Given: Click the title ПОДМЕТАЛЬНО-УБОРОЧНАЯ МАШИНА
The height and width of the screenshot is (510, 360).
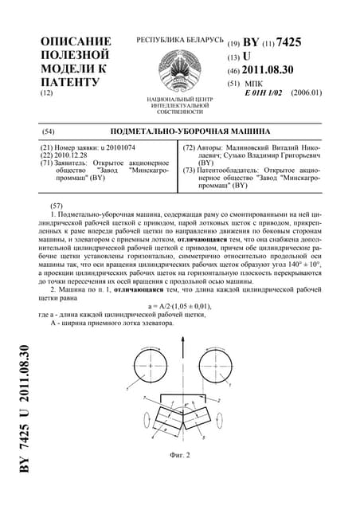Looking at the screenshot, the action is point(184,130).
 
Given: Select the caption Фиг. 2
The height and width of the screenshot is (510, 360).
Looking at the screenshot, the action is point(182,457).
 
